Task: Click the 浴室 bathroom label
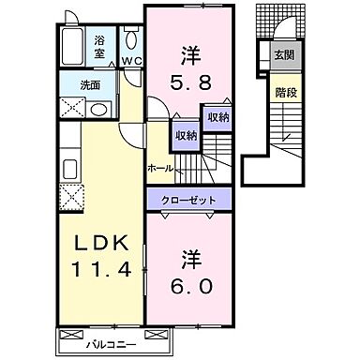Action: [100, 48]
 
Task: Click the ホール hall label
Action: [160, 168]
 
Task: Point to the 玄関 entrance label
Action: [282, 54]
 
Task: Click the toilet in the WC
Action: [132, 40]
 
